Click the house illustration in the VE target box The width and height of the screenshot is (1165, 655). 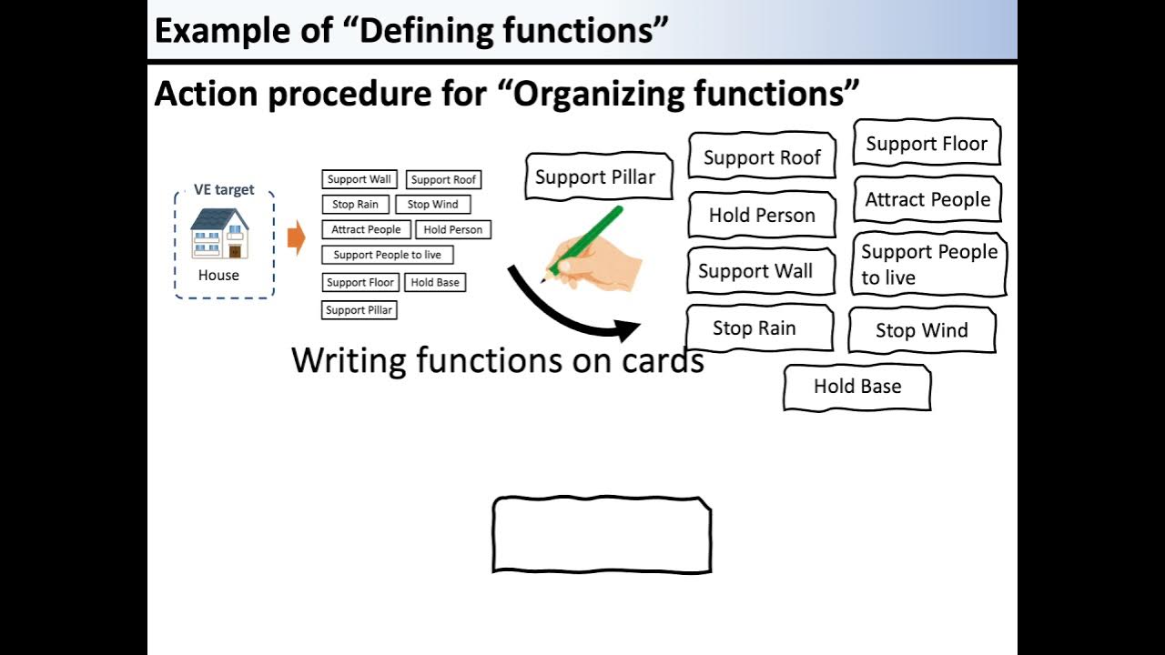tap(219, 234)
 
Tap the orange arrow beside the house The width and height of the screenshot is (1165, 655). tap(296, 238)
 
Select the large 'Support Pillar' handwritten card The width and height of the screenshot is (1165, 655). tap(597, 176)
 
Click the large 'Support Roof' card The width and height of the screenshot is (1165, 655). tap(762, 157)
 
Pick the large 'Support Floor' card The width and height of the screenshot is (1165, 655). tap(927, 144)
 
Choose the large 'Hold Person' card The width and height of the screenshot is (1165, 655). tap(762, 215)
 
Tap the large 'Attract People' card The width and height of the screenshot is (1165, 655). tap(927, 200)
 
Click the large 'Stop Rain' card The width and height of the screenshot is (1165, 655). tap(758, 328)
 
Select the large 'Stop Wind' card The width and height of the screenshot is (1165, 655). tap(921, 330)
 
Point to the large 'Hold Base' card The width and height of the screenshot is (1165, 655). tap(856, 387)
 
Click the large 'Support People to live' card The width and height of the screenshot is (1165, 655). tap(928, 265)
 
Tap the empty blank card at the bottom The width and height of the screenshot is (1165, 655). tap(602, 535)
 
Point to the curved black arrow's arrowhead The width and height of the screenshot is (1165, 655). tap(628, 329)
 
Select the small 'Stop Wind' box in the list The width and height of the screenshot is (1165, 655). tap(432, 205)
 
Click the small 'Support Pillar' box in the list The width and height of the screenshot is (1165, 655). tap(359, 310)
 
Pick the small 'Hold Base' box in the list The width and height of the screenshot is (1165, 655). tap(435, 283)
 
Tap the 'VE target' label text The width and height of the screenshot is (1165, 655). tap(224, 190)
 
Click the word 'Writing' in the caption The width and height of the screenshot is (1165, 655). tap(349, 361)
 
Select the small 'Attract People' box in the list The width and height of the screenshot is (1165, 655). tap(366, 230)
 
